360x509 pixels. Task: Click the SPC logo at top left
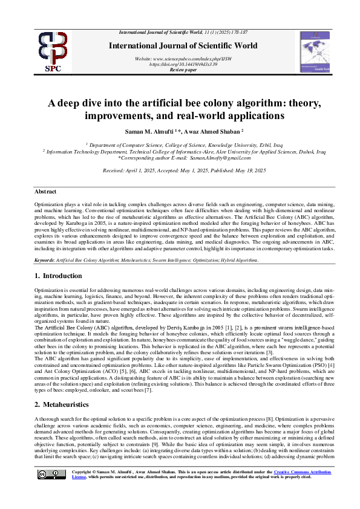tap(53, 51)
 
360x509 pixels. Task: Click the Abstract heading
tap(45, 191)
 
